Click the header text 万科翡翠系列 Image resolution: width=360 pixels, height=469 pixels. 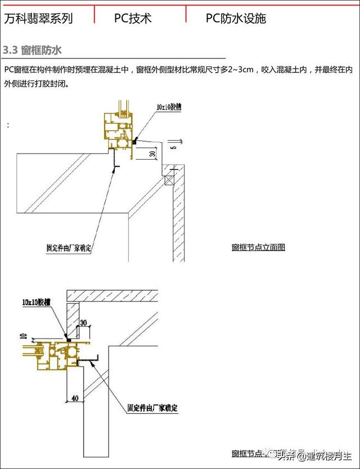pos(38,19)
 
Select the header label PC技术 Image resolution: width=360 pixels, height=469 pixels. pos(133,19)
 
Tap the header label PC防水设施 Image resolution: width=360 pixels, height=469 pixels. pos(236,19)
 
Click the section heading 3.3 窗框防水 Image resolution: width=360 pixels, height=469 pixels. pos(32,51)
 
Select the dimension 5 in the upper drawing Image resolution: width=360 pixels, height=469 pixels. pos(174,147)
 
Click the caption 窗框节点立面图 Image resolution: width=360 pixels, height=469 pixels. pos(258,247)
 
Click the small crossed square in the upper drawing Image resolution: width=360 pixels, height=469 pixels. pos(169,181)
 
